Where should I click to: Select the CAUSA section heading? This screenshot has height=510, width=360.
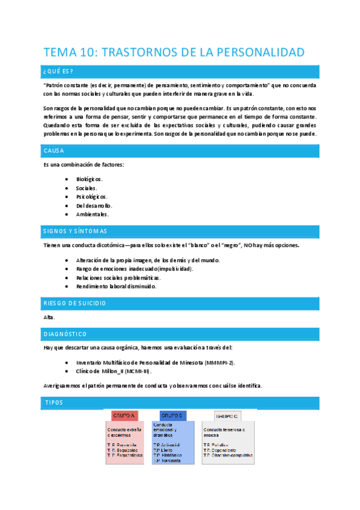(54, 150)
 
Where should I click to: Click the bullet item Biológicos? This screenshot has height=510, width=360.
(89, 179)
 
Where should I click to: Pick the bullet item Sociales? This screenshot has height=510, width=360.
(87, 188)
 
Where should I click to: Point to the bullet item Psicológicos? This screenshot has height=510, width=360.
(91, 197)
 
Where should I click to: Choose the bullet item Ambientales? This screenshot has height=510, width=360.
(92, 214)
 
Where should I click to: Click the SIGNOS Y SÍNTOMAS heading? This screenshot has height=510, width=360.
(75, 231)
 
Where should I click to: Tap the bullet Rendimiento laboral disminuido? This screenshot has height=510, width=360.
(116, 286)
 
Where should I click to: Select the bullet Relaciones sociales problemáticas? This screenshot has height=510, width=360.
(118, 278)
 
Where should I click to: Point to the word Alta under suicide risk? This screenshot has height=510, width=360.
(49, 317)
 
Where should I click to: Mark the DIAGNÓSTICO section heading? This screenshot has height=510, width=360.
(66, 334)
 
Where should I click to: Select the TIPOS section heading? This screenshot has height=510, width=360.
(54, 402)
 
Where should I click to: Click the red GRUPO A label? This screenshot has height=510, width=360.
(124, 416)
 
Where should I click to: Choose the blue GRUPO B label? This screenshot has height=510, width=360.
(173, 416)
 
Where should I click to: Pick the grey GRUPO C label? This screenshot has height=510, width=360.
(227, 416)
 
